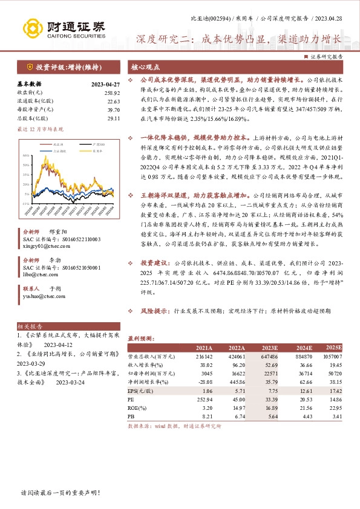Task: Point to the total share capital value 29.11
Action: [114, 118]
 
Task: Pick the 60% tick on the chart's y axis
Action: [26, 138]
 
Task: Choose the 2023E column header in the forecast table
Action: [269, 349]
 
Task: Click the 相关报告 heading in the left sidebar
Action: [28, 325]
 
